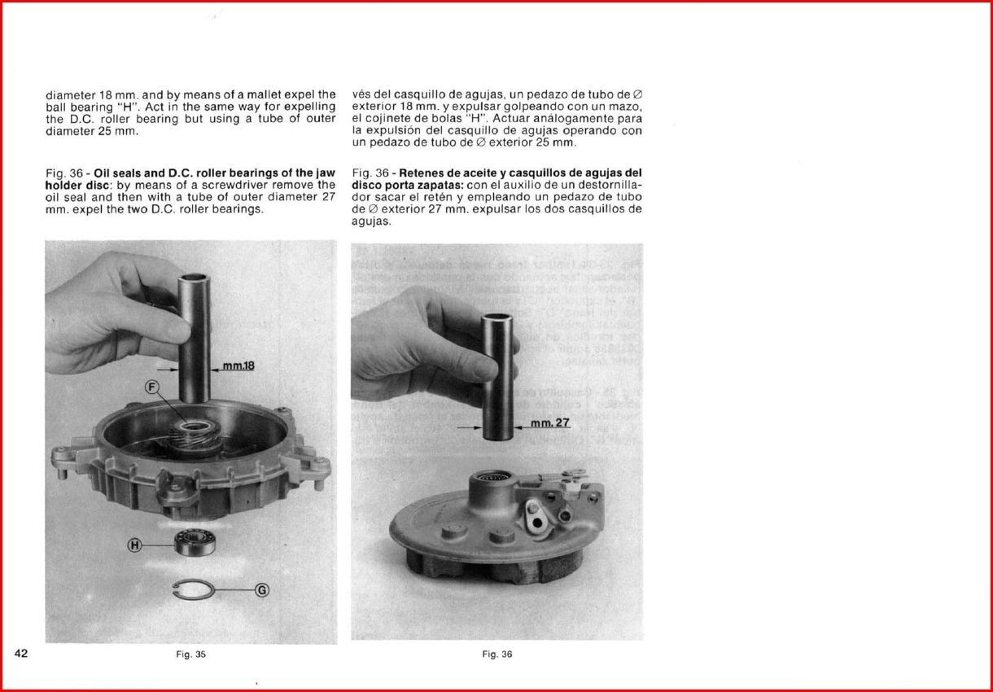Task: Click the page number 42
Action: (x=22, y=653)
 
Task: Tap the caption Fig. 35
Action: (x=191, y=654)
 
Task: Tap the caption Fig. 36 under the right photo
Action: (x=497, y=654)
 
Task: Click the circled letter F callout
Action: (x=151, y=387)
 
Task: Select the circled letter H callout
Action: (x=135, y=545)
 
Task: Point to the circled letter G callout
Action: (x=262, y=590)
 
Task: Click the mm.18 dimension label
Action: (x=238, y=366)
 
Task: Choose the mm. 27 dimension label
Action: (x=550, y=423)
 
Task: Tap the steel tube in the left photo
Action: (x=195, y=334)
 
